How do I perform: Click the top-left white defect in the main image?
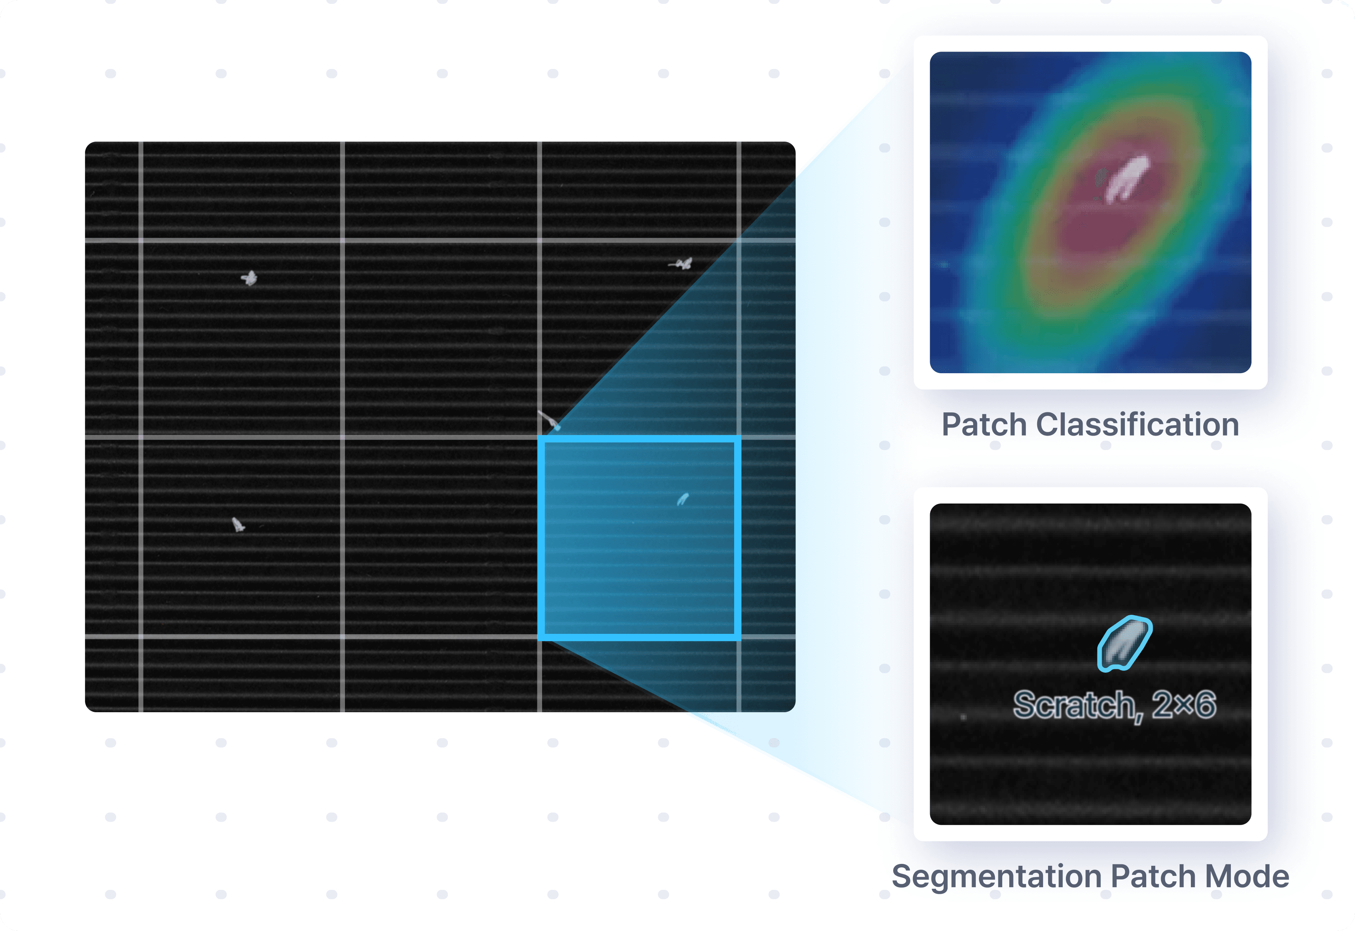point(250,278)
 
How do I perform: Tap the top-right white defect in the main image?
point(682,264)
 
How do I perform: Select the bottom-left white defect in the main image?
point(238,525)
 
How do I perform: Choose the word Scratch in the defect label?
point(1074,705)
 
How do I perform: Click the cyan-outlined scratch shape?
point(1124,644)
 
